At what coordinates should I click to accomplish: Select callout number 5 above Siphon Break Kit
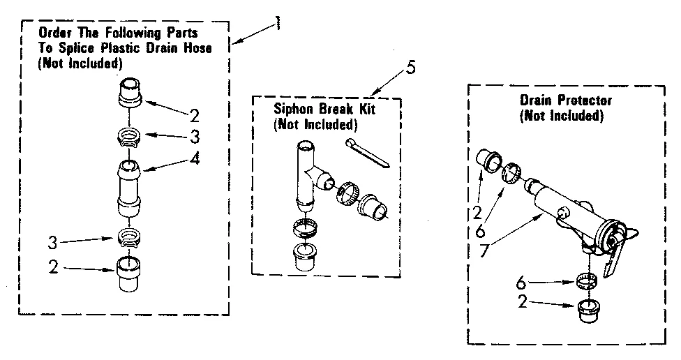[411, 68]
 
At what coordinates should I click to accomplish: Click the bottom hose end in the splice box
[130, 275]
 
